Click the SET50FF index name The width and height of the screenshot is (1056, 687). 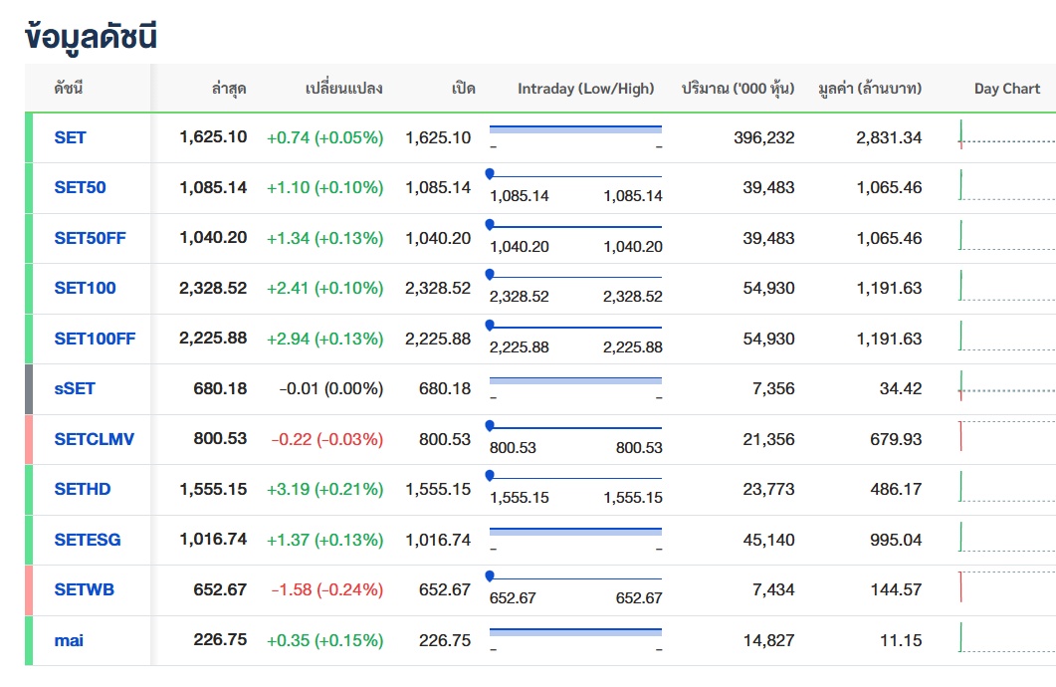click(x=90, y=238)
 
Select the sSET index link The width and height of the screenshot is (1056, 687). click(x=74, y=388)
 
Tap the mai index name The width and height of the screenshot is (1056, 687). click(x=69, y=640)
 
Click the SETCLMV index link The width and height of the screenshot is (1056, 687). click(x=94, y=439)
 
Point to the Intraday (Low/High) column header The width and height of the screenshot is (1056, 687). click(x=586, y=89)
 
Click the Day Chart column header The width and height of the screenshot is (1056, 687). click(x=1007, y=89)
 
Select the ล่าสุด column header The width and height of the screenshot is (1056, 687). click(x=229, y=89)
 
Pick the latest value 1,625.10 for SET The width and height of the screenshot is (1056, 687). click(x=213, y=136)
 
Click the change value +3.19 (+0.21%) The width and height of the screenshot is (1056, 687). click(x=324, y=489)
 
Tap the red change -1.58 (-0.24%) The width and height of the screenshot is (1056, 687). click(x=326, y=589)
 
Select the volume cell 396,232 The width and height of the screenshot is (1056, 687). click(x=763, y=137)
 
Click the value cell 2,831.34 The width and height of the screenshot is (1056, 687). click(x=889, y=137)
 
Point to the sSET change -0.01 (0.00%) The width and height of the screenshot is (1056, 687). click(x=330, y=388)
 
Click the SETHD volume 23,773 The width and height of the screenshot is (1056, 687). click(x=768, y=489)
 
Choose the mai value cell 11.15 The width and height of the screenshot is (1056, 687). click(x=901, y=640)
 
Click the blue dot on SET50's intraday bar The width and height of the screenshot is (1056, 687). click(x=490, y=174)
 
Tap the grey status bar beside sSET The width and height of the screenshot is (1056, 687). click(x=29, y=389)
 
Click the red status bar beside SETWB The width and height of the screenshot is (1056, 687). click(x=29, y=590)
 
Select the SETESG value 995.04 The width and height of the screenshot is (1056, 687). click(x=895, y=540)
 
